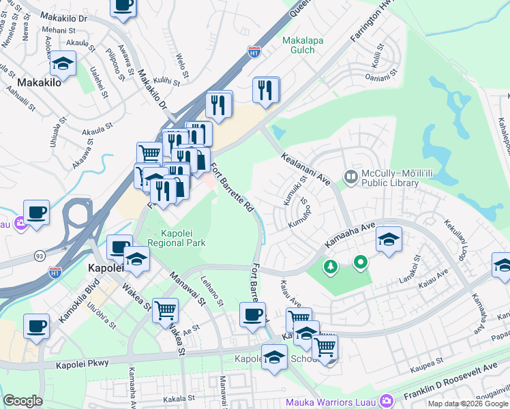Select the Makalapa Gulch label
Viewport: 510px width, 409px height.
click(x=303, y=46)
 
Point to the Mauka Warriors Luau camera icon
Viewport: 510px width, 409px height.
click(x=387, y=400)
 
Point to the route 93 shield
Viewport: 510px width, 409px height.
click(x=38, y=256)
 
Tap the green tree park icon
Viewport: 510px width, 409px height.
click(x=331, y=266)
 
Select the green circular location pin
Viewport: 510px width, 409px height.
click(x=360, y=261)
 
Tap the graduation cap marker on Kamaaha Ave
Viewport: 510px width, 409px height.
click(x=389, y=239)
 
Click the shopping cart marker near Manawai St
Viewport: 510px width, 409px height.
click(x=166, y=310)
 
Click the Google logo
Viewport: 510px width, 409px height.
click(x=23, y=401)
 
